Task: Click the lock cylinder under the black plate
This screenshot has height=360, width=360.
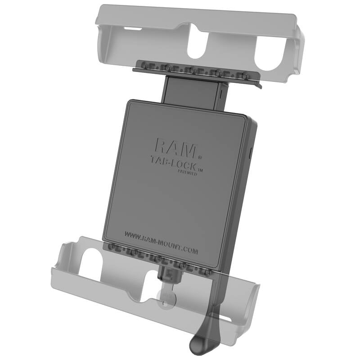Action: pyautogui.click(x=170, y=273)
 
